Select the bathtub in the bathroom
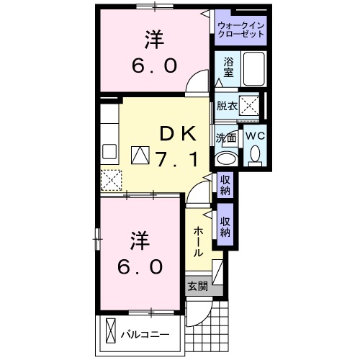(253, 69)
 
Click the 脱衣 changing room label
(227, 106)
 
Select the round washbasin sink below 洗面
(226, 158)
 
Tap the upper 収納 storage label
(225, 185)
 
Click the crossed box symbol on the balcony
(109, 332)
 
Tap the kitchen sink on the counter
(110, 151)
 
